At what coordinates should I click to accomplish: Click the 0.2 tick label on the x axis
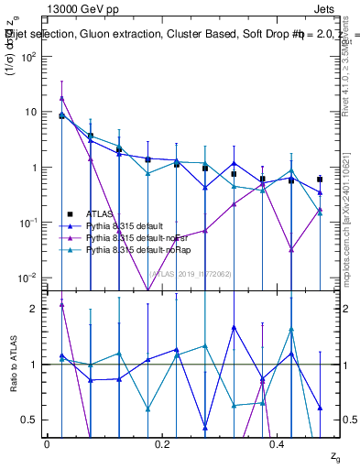coord(163,444)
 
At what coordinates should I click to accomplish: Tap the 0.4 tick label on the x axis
coord(279,444)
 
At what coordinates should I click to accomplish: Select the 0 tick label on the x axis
coord(47,444)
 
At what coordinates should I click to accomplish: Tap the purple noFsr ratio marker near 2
coord(61,304)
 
